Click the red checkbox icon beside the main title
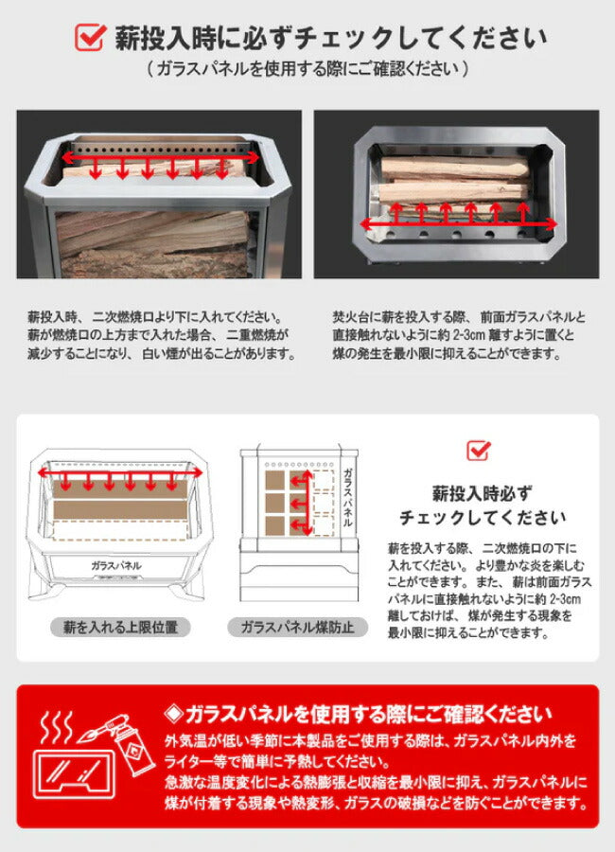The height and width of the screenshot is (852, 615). tap(90, 36)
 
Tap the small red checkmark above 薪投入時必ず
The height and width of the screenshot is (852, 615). tap(479, 451)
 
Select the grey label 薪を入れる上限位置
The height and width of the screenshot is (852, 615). tap(120, 627)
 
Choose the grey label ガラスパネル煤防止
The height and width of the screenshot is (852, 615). tap(297, 627)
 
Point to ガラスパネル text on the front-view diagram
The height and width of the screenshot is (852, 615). tap(116, 565)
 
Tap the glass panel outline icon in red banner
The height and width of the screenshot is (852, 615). tap(75, 773)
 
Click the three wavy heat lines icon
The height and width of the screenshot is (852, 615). tap(57, 727)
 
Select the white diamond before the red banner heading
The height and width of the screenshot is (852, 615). tap(174, 714)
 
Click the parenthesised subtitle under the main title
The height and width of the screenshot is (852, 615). tap(307, 69)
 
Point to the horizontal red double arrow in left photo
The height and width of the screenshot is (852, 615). tap(160, 157)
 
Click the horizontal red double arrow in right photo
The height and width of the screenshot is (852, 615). tap(459, 223)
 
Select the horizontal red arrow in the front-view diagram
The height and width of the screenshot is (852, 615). tap(119, 473)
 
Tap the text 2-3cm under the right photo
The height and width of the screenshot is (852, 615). tap(468, 335)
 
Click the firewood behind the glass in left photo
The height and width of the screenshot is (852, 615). tap(153, 244)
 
